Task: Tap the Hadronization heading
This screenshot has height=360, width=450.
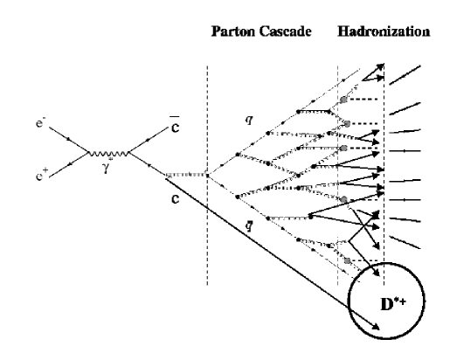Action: click(x=383, y=32)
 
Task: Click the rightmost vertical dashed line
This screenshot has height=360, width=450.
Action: click(x=384, y=131)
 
